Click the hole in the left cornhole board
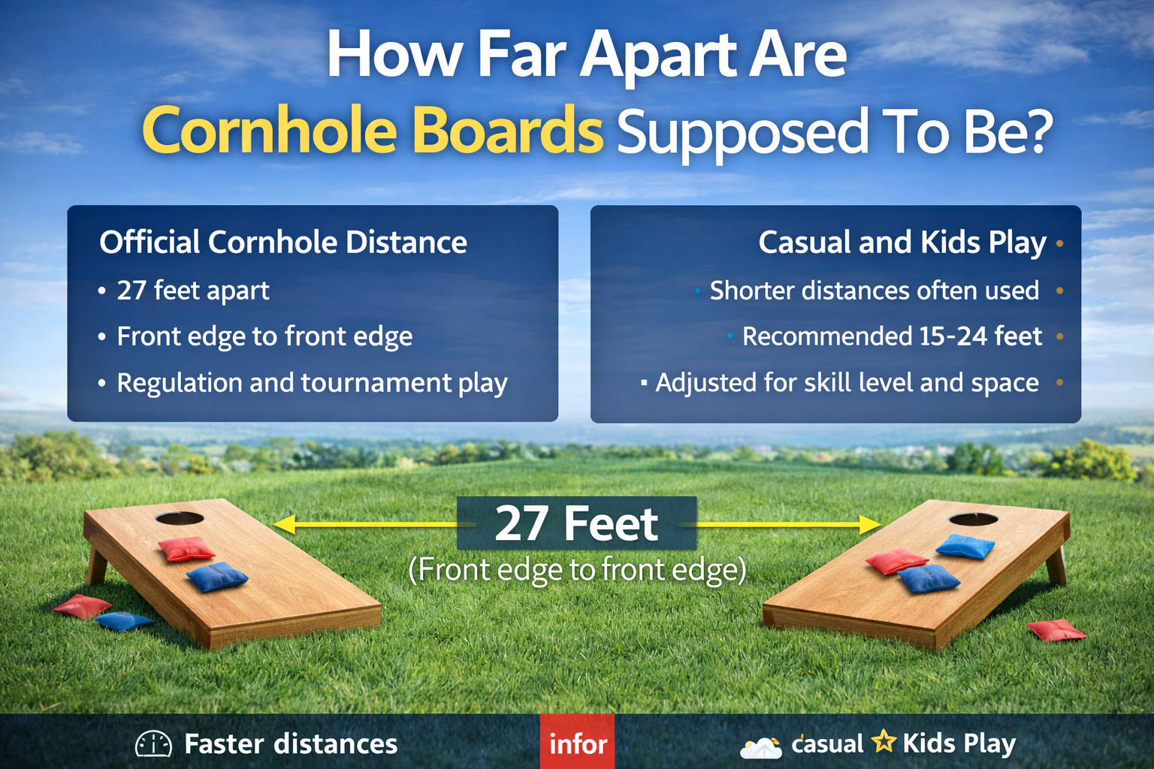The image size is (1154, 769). (x=180, y=518)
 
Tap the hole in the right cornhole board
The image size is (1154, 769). (x=974, y=520)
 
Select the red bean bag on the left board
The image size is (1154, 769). (x=186, y=549)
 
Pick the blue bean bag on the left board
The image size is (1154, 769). (x=216, y=577)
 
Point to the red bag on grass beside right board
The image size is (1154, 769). (x=1056, y=630)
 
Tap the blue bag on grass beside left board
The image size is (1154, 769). (x=125, y=620)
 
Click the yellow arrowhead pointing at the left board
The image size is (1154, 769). (x=284, y=523)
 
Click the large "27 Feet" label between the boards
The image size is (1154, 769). (x=576, y=523)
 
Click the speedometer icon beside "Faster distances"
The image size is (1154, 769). (x=153, y=743)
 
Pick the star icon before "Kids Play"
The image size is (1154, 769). (x=884, y=742)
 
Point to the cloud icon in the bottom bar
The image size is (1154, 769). (x=760, y=747)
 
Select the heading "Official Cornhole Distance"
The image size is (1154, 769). (x=283, y=243)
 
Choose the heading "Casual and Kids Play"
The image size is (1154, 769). (x=902, y=243)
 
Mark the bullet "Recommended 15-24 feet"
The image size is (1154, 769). (x=892, y=336)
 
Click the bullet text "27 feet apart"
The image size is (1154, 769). (x=193, y=291)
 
